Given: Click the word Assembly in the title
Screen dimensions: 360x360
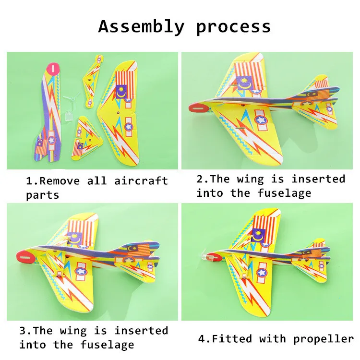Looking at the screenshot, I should pos(141,26).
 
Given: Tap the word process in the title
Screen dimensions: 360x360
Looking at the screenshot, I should pos(233,27).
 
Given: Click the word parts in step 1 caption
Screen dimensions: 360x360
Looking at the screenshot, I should pos(42,195).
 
